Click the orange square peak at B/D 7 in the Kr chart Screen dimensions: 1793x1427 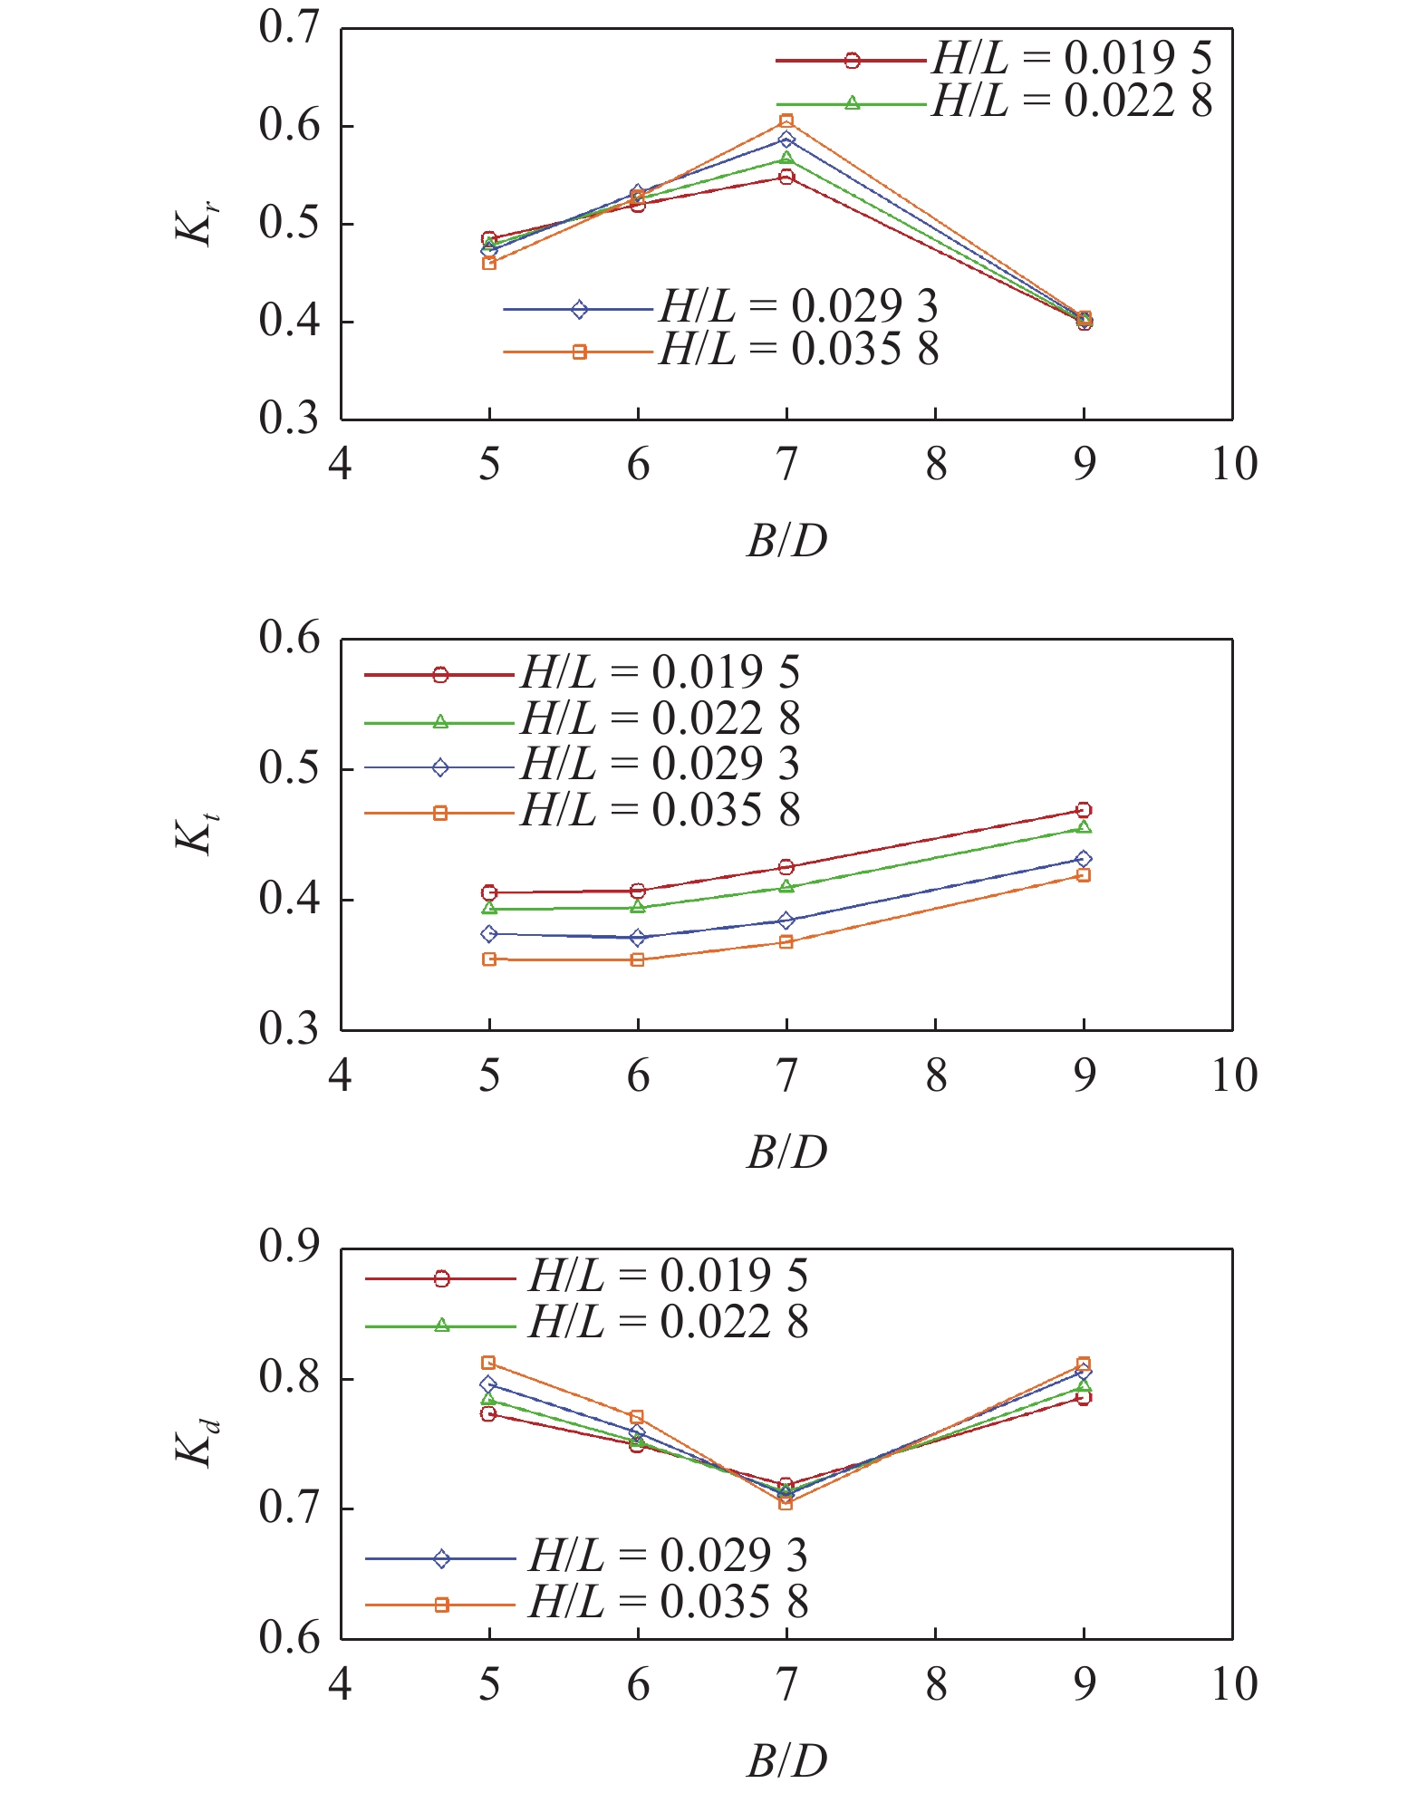click(x=786, y=121)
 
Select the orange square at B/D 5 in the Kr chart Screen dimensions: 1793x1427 click(x=489, y=264)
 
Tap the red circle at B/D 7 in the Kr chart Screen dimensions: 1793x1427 click(x=786, y=177)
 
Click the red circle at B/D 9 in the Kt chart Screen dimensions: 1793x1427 click(x=1084, y=810)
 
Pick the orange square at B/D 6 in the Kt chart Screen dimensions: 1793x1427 click(x=638, y=959)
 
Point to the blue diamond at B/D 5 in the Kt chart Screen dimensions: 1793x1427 click(x=489, y=933)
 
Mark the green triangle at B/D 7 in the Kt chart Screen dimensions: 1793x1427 click(x=786, y=886)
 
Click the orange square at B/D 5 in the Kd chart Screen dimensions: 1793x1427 click(x=489, y=1363)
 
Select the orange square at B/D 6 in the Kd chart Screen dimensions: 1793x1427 click(x=638, y=1416)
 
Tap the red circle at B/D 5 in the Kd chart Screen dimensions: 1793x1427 click(x=489, y=1413)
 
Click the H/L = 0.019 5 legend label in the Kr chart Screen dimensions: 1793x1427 click(x=1072, y=58)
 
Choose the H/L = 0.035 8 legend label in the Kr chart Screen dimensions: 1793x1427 click(x=799, y=350)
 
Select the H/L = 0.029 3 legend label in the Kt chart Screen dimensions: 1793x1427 click(x=660, y=764)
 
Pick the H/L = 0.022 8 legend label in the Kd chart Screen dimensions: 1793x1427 click(x=669, y=1322)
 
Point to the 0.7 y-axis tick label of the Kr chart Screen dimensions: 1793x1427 click(x=289, y=27)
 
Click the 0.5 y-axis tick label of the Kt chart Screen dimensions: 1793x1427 click(x=289, y=768)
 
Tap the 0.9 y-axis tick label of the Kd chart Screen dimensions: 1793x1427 click(x=289, y=1247)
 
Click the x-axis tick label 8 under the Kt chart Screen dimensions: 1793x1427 click(x=935, y=1075)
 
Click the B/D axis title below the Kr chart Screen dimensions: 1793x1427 click(x=786, y=541)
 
